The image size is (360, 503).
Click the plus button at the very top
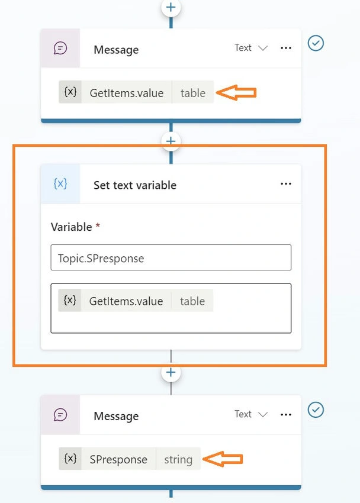171,7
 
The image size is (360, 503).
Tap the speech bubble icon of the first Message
60,49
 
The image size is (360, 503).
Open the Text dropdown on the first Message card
251,48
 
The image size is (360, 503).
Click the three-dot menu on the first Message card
286,48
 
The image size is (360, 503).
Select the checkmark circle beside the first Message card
316,43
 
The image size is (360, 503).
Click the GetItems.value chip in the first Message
136,92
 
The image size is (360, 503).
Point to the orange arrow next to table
236,93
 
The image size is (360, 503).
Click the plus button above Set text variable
171,141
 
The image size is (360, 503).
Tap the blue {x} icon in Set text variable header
60,184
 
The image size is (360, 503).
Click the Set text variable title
135,185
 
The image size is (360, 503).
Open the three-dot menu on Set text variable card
286,184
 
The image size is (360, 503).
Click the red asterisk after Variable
98,225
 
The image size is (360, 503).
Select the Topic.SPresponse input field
171,257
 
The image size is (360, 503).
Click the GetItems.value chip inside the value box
136,300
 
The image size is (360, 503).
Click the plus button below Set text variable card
171,372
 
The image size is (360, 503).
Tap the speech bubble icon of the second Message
60,415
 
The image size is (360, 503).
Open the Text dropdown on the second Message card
251,414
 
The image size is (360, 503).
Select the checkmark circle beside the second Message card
316,410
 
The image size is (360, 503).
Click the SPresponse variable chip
130,459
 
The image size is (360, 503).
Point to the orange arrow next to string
223,459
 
